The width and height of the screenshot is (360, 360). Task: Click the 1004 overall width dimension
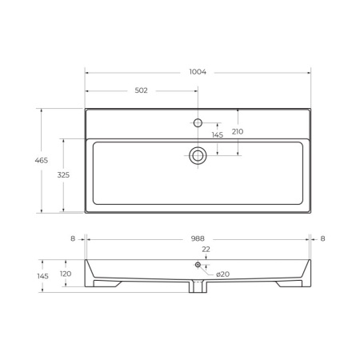coord(198,72)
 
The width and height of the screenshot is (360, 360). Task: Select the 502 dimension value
coord(141,90)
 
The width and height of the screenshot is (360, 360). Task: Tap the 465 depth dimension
coord(42,160)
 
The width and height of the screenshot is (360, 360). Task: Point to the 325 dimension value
coord(63,175)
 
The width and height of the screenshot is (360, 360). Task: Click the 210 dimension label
coord(238,131)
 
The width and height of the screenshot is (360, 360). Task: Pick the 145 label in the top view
coord(218,135)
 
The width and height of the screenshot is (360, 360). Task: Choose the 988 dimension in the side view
coord(198,238)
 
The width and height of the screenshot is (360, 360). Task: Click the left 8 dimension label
coord(73,238)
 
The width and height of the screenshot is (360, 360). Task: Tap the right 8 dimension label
coord(322,238)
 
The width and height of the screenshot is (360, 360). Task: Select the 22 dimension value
coord(206,250)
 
